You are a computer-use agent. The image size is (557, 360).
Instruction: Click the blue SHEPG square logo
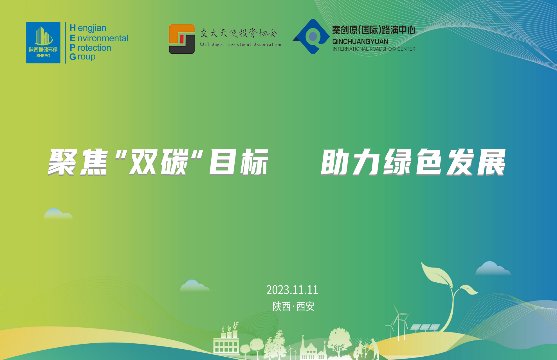pyautogui.click(x=43, y=43)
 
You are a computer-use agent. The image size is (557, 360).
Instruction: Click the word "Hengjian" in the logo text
pyautogui.click(x=88, y=28)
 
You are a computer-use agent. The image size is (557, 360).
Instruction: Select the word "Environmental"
pyautogui.click(x=99, y=38)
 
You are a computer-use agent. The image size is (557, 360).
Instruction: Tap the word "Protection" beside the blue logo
pyautogui.click(x=90, y=48)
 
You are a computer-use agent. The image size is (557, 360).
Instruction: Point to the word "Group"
pyautogui.click(x=82, y=57)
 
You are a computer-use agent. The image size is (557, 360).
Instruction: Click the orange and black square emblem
pyautogui.click(x=182, y=39)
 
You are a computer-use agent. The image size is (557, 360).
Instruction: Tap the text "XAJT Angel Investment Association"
pyautogui.click(x=241, y=44)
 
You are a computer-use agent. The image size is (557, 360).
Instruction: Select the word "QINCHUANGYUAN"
pyautogui.click(x=360, y=42)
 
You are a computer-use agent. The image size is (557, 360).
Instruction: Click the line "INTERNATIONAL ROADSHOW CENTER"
pyautogui.click(x=374, y=49)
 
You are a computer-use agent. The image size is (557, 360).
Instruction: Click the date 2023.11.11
pyautogui.click(x=292, y=290)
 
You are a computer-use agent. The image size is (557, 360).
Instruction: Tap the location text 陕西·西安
pyautogui.click(x=293, y=306)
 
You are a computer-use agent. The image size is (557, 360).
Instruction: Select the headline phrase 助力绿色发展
pyautogui.click(x=413, y=162)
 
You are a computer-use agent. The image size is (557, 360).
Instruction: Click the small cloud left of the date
pyautogui.click(x=195, y=285)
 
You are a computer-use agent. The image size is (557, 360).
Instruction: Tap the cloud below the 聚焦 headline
pyautogui.click(x=58, y=214)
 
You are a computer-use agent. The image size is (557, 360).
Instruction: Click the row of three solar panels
pyautogui.click(x=425, y=327)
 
